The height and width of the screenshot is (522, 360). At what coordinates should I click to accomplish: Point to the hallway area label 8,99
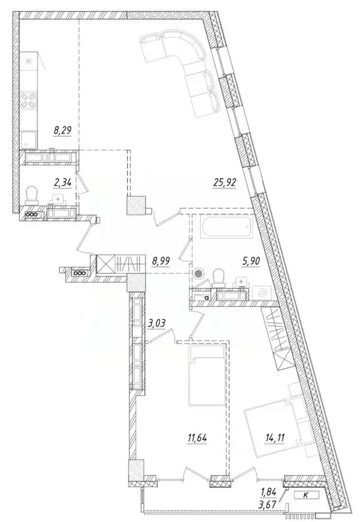tap(162, 260)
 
